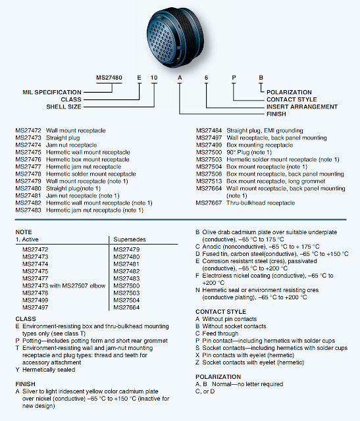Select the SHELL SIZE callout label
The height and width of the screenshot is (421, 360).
pyautogui.click(x=64, y=106)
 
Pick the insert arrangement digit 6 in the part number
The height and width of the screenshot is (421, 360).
pyautogui.click(x=206, y=77)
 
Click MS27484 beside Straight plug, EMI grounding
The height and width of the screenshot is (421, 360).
pyautogui.click(x=209, y=130)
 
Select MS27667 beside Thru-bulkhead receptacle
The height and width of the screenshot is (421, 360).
pyautogui.click(x=209, y=203)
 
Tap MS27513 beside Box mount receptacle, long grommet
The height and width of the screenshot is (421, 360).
pyautogui.click(x=209, y=181)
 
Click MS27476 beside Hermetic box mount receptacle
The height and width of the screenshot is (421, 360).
pyautogui.click(x=29, y=159)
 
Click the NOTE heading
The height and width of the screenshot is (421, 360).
pyautogui.click(x=23, y=232)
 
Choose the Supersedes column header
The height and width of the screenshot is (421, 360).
pyautogui.click(x=129, y=239)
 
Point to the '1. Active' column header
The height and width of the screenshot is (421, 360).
pyautogui.click(x=28, y=239)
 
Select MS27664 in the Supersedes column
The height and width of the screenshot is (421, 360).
pyautogui.click(x=126, y=307)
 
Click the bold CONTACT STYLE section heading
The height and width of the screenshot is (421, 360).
pyautogui.click(x=220, y=311)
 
